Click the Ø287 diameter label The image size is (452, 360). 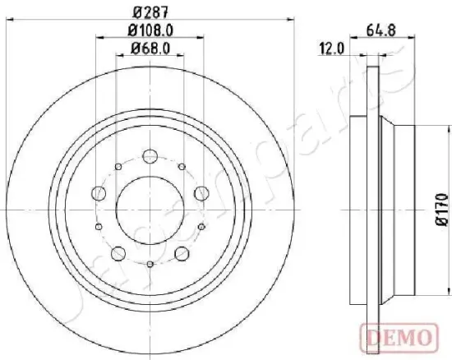click(149, 12)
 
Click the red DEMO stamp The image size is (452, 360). click(399, 335)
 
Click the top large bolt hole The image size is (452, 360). click(149, 155)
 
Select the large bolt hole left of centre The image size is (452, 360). click(99, 194)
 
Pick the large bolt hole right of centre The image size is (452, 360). click(200, 194)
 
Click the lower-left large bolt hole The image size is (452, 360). click(118, 252)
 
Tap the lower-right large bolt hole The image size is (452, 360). click(180, 252)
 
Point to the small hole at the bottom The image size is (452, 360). click(149, 263)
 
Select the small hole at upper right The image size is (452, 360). click(181, 167)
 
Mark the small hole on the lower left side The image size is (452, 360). click(98, 226)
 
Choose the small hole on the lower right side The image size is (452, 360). click(200, 226)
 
